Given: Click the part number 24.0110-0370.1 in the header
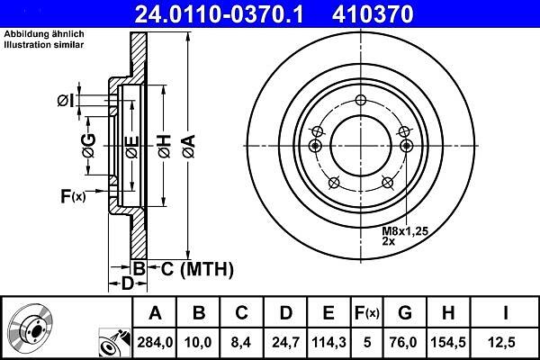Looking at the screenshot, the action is (x=219, y=14).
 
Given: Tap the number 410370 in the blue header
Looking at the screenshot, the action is (x=373, y=14).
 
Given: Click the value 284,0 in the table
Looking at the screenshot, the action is (x=155, y=342).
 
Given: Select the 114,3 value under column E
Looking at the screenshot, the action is (x=328, y=342).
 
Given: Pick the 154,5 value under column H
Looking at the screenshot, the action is (x=448, y=342).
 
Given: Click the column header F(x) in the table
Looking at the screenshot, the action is (x=367, y=313).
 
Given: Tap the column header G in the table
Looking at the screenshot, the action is (x=405, y=313).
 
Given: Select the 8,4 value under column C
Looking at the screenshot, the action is (x=241, y=342).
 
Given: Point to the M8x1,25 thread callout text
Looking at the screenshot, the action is (x=405, y=230).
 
